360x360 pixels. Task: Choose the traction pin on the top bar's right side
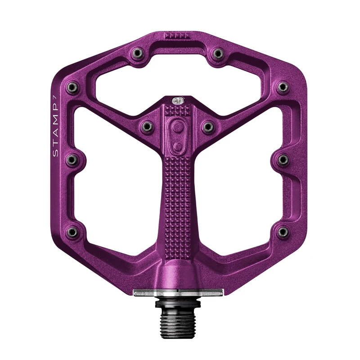pos(218,54)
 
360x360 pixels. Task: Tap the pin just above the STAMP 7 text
pos(71,87)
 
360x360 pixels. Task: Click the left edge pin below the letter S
pos(71,159)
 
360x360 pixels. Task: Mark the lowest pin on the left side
pos(71,232)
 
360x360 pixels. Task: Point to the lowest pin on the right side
pos(283,232)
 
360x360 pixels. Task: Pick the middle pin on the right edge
pos(283,159)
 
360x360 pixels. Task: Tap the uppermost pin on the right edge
pos(283,86)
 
